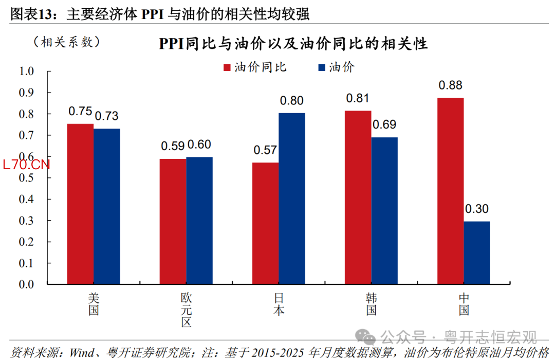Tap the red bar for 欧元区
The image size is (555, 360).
click(x=173, y=221)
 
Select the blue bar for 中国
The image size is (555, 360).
click(x=476, y=253)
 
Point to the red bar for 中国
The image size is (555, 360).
click(x=450, y=191)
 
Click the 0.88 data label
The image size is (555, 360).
click(x=450, y=85)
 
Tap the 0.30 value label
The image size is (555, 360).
click(x=476, y=209)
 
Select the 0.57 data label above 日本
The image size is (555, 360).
click(x=265, y=151)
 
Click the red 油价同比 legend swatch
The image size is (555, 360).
click(x=227, y=68)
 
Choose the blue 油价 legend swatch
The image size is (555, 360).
click(x=322, y=68)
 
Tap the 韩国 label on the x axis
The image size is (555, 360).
click(x=371, y=304)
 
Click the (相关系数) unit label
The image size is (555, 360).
click(x=66, y=42)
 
